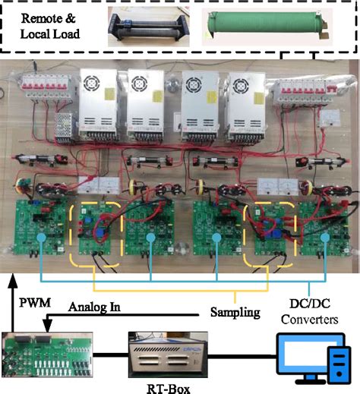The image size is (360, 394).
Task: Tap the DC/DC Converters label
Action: point(311,312)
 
